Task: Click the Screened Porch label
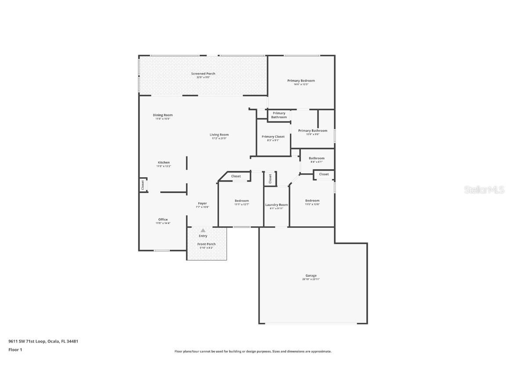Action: (x=203, y=74)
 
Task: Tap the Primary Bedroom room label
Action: (x=301, y=81)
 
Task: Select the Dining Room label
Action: (x=163, y=115)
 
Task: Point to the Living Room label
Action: (x=219, y=135)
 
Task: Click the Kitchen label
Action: (x=164, y=163)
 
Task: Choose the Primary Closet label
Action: (x=273, y=137)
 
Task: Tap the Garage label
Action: (x=311, y=275)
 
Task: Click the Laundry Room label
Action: (x=276, y=205)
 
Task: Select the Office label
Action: (x=163, y=219)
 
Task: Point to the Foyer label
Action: (x=202, y=204)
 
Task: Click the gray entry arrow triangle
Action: (x=203, y=230)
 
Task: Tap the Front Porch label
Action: (x=206, y=244)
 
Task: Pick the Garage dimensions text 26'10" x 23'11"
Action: (x=311, y=279)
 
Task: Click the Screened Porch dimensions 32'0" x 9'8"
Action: (x=203, y=77)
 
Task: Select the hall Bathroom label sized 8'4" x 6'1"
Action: (x=316, y=158)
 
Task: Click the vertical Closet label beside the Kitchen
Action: (x=142, y=185)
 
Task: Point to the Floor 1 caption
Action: (x=15, y=350)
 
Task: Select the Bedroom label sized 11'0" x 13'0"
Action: (x=312, y=201)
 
